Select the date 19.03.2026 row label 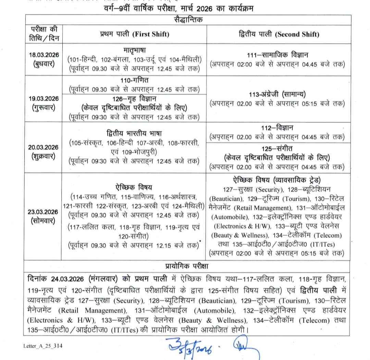point(44,99)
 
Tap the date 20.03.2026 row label point(44,147)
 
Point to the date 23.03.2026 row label point(44,211)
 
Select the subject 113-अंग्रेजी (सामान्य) point(277,94)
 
